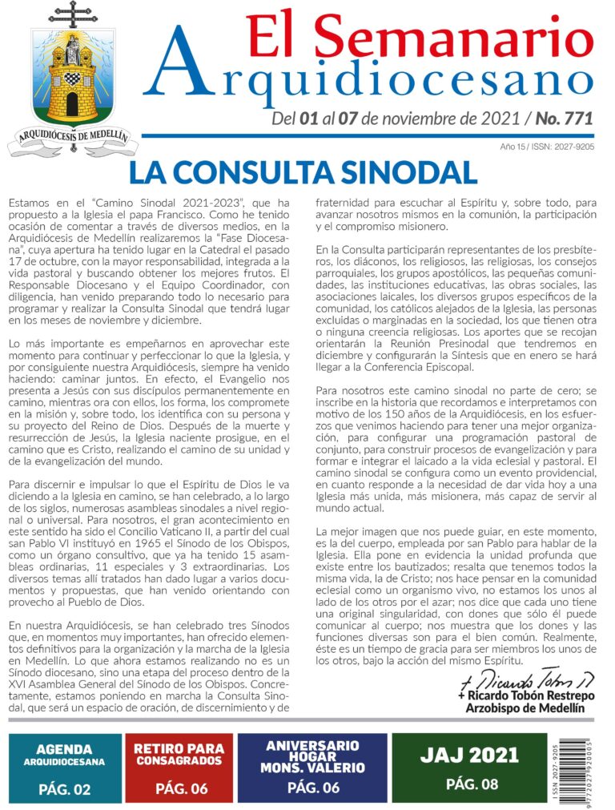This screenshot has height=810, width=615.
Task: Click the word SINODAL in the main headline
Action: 396,172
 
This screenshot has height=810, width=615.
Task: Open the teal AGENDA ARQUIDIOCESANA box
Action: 66,768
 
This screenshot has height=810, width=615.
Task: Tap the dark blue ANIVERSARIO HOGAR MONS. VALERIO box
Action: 313,768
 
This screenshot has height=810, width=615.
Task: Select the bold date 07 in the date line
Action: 347,119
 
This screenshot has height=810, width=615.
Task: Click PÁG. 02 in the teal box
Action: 65,789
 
